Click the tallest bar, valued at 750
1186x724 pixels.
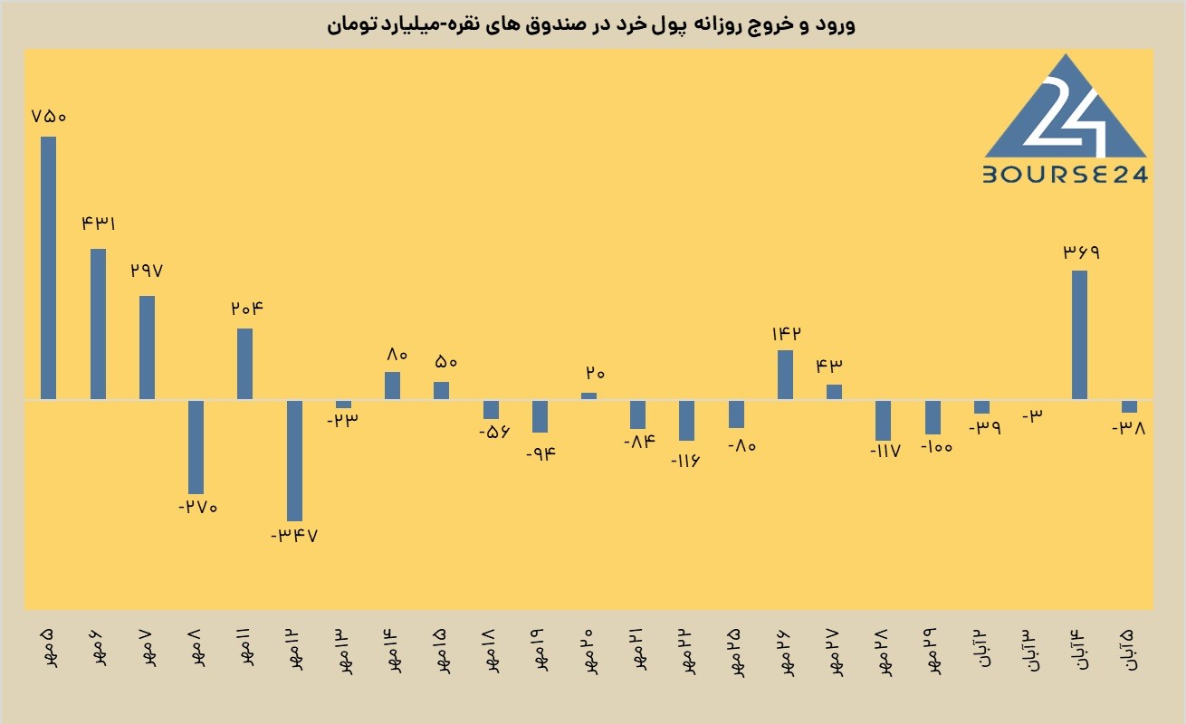click(x=48, y=268)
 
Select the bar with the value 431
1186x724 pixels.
click(x=98, y=324)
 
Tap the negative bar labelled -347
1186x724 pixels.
click(x=294, y=461)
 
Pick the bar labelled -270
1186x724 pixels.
click(x=196, y=447)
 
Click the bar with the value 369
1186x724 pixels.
click(x=1079, y=335)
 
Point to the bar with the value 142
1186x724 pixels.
click(x=785, y=375)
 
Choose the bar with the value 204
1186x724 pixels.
click(x=244, y=364)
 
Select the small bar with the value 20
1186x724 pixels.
click(x=588, y=395)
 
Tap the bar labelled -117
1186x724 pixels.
click(x=883, y=420)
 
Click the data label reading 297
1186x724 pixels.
click(x=147, y=271)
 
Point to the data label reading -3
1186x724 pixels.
click(x=1032, y=415)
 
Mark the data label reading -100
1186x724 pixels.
click(x=937, y=447)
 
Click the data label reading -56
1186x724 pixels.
click(x=494, y=432)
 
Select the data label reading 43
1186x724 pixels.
click(x=828, y=366)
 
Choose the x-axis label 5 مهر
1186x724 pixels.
click(x=48, y=647)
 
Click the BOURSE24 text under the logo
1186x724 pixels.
click(x=1066, y=175)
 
